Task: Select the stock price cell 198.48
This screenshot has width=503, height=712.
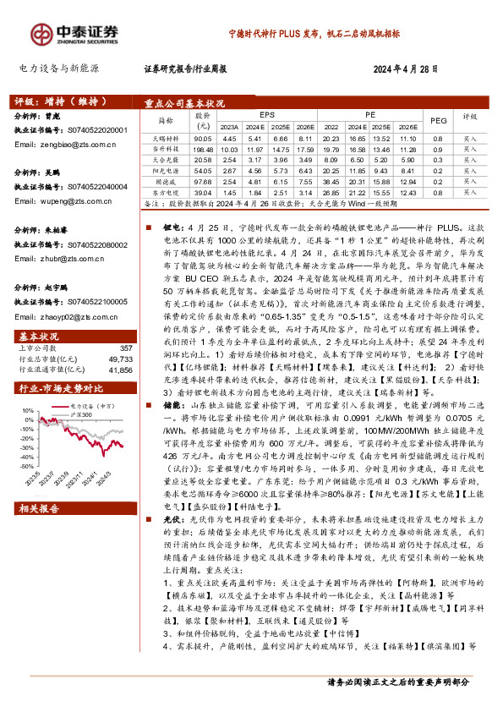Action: [203, 149]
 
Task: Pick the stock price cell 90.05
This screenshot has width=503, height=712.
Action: [203, 138]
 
